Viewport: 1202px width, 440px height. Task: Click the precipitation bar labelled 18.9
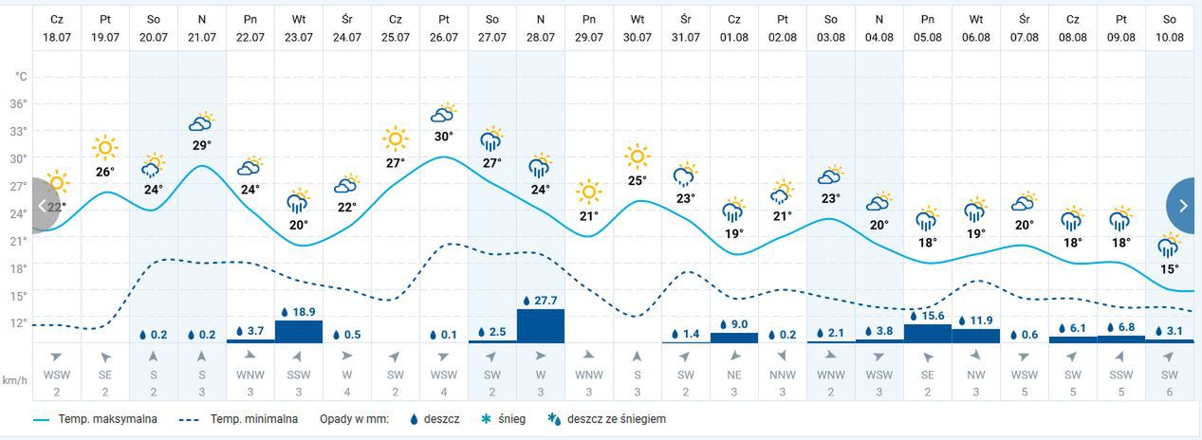click(x=298, y=331)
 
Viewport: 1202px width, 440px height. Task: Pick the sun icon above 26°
click(x=104, y=148)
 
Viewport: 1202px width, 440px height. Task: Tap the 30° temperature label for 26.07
click(x=443, y=136)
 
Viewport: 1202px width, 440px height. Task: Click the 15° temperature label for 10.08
click(x=1170, y=269)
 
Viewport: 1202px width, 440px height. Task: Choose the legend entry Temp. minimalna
click(x=253, y=418)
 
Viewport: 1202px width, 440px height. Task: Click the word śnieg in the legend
click(x=510, y=418)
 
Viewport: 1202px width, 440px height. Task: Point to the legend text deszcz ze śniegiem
click(x=617, y=418)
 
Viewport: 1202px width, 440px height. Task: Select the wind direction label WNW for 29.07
click(x=588, y=376)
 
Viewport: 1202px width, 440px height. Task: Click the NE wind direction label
click(x=733, y=376)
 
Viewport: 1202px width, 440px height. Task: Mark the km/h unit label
click(x=13, y=380)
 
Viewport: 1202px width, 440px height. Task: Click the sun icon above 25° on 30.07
click(x=637, y=156)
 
